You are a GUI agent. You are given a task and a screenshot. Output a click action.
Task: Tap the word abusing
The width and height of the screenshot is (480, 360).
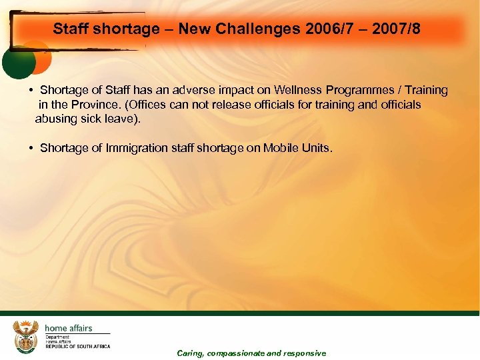57,119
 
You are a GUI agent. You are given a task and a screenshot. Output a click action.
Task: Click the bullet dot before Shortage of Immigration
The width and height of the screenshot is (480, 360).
31,148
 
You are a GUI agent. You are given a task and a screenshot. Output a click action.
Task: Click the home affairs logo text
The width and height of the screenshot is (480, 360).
68,328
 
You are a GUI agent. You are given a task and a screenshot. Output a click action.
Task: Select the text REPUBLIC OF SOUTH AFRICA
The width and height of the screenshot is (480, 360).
77,347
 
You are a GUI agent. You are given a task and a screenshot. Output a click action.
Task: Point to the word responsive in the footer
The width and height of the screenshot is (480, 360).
305,353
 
